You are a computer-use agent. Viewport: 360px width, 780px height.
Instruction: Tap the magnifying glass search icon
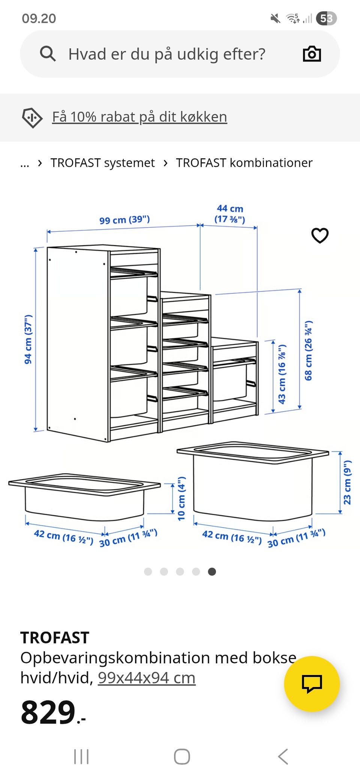click(x=48, y=54)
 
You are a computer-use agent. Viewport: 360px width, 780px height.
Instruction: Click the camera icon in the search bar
click(x=312, y=54)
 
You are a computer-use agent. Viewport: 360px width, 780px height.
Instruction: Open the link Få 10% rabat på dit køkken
click(x=139, y=117)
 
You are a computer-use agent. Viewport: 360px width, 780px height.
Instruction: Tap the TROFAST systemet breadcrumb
click(x=102, y=163)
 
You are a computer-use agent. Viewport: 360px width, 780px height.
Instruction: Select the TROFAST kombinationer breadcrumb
click(x=244, y=163)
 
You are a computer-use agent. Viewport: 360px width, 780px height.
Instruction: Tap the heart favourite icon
click(x=320, y=235)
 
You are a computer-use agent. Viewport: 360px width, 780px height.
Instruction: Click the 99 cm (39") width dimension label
click(x=124, y=219)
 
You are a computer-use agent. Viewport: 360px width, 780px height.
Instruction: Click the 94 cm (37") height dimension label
click(x=28, y=339)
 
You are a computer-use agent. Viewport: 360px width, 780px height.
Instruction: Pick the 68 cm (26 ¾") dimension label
click(x=308, y=351)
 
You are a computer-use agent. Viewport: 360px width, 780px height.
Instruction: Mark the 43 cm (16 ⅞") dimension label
click(x=282, y=374)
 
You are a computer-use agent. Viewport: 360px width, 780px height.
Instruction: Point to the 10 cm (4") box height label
click(x=181, y=498)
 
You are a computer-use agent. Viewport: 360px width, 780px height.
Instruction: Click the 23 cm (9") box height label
click(x=347, y=482)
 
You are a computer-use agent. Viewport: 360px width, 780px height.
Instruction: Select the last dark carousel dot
click(x=212, y=571)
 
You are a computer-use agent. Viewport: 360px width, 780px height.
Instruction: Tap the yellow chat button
click(x=312, y=684)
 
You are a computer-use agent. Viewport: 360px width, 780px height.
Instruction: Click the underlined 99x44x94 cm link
click(x=147, y=678)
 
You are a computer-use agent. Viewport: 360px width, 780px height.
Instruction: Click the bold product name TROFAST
click(x=55, y=637)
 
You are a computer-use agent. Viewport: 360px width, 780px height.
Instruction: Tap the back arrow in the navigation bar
click(x=283, y=756)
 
